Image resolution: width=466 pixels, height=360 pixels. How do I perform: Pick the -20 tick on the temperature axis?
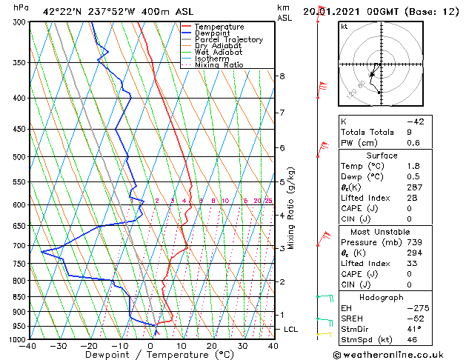point(89,346)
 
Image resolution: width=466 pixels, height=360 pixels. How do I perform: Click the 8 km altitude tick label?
point(282,76)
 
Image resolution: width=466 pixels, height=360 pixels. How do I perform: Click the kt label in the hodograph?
point(344,27)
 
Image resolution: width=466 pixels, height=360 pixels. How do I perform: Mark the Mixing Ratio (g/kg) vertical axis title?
point(291,207)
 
